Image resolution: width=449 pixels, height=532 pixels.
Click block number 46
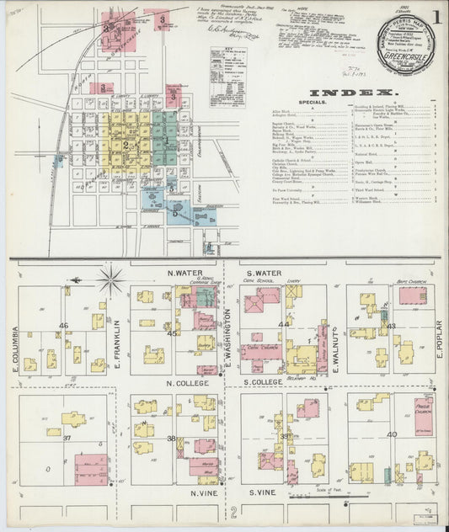(x=64, y=325)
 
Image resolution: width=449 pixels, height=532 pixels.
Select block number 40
(x=391, y=434)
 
